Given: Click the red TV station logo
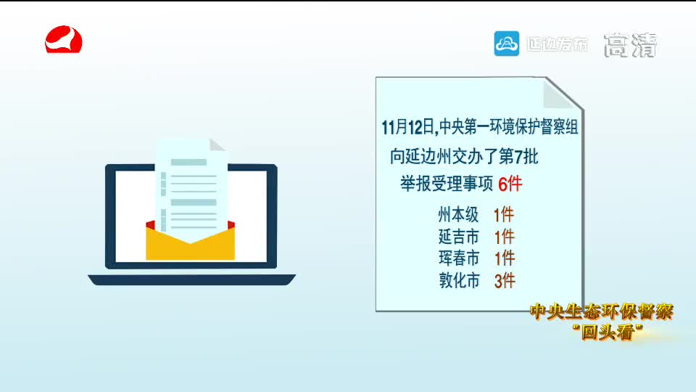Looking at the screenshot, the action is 64,39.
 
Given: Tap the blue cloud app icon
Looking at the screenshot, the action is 507,44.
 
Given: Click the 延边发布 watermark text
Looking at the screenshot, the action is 557,44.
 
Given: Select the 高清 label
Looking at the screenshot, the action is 630,45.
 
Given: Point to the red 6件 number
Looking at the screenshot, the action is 510,184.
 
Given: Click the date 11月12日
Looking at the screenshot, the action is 408,127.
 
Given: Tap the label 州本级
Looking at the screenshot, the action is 458,215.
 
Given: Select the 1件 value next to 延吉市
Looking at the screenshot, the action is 505,237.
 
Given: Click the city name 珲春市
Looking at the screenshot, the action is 459,258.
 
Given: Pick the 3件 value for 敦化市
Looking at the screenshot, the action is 505,281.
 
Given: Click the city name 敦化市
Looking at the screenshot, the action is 460,280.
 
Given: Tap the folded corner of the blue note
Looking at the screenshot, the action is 560,94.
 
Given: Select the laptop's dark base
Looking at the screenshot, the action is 191,280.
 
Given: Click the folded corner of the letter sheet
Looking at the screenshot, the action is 217,145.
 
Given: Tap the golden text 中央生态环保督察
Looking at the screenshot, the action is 602,311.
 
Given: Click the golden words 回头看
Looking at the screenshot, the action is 608,332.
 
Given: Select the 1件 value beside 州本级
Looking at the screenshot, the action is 504,215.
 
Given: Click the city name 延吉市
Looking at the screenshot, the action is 458,237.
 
